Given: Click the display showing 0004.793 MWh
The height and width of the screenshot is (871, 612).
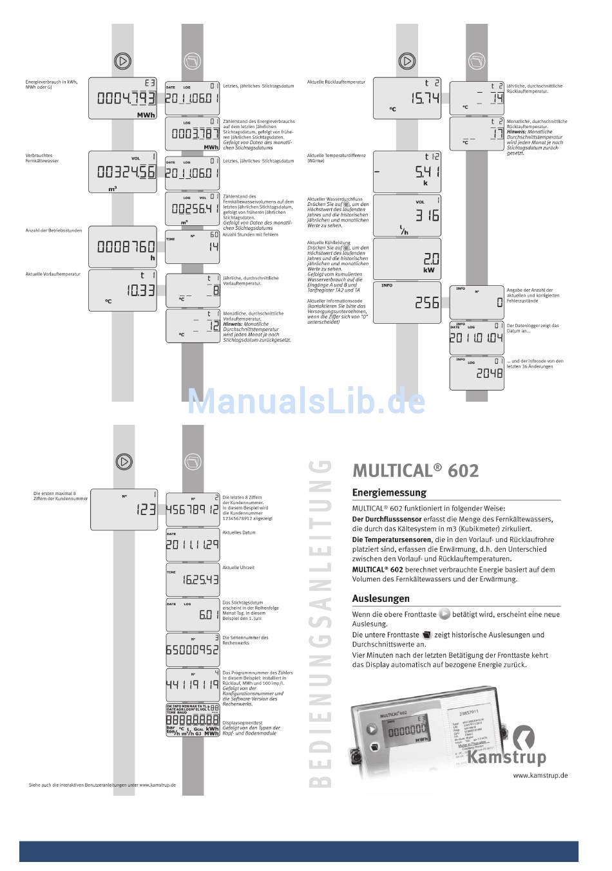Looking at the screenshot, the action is (x=122, y=98).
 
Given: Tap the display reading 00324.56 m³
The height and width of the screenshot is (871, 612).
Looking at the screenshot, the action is (x=122, y=172).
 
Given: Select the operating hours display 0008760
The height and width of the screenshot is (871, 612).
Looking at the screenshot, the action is (x=122, y=245).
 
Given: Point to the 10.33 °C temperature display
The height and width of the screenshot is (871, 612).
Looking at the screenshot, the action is (x=122, y=290).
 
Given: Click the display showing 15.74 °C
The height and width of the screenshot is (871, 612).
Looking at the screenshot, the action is (x=407, y=97).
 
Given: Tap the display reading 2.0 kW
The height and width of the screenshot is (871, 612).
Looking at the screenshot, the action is (x=407, y=258).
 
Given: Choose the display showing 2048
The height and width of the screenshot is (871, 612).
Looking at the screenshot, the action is (x=477, y=373).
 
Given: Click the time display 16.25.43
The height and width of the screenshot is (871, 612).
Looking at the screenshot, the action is (x=193, y=579).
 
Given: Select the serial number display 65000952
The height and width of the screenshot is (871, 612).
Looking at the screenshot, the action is (x=193, y=650).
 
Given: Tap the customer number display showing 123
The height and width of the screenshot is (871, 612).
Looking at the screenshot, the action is (x=124, y=508).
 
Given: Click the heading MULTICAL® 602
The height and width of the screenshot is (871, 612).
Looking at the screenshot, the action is (x=416, y=471).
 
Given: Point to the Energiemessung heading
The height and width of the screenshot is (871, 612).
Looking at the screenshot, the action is (x=389, y=492).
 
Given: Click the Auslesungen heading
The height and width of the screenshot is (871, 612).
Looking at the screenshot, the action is (x=381, y=598).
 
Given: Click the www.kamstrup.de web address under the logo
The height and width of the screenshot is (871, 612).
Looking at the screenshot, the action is (x=540, y=775).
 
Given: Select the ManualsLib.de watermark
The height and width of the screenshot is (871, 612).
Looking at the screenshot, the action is (x=306, y=402).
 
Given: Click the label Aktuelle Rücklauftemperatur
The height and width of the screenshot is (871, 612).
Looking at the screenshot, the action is (x=336, y=82).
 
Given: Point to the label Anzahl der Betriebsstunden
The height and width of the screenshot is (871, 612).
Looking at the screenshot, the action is (x=53, y=230).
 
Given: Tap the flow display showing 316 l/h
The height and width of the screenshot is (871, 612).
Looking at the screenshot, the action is (x=407, y=215).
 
